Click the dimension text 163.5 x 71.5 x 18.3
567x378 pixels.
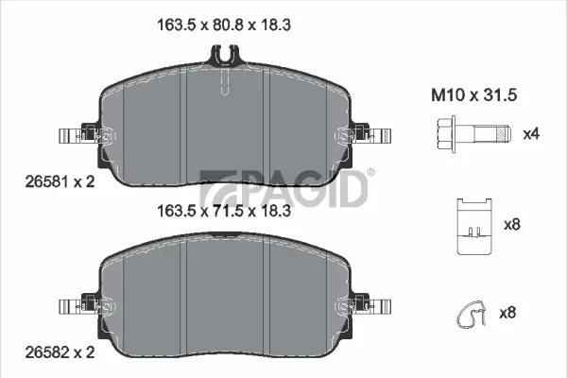coord(223,213)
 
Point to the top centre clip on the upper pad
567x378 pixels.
coord(223,57)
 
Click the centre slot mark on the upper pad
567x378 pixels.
coord(223,87)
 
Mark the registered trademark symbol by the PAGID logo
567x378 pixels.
coord(370,172)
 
